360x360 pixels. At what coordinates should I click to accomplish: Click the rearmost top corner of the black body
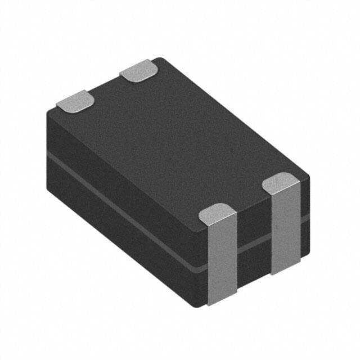coord(160,59)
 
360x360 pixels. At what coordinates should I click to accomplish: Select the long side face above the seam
coord(124,174)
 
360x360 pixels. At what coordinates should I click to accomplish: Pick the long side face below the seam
coord(124,236)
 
